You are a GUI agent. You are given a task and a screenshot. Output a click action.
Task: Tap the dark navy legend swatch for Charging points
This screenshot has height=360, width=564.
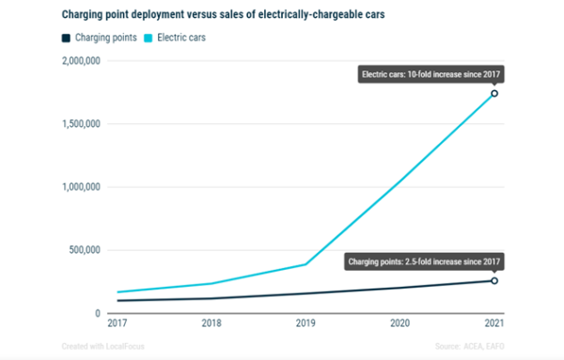[x=67, y=39]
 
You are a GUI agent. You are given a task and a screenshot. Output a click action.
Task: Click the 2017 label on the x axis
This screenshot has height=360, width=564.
[x=117, y=324]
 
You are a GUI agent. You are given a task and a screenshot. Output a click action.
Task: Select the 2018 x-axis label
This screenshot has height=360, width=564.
[x=211, y=324]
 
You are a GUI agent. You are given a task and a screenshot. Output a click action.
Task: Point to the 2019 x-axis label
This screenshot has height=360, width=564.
[x=305, y=324]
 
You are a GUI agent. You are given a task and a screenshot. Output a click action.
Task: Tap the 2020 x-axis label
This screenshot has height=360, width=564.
[x=399, y=324]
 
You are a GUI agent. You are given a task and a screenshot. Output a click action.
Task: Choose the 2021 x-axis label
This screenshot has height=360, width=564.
[x=493, y=324]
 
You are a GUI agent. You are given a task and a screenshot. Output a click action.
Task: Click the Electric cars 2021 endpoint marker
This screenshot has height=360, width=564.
[x=493, y=93]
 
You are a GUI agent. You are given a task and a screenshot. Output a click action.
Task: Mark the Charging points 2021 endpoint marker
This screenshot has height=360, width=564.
[x=493, y=280]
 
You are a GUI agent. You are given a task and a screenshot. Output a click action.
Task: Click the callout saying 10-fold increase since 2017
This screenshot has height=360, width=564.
[x=428, y=74]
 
